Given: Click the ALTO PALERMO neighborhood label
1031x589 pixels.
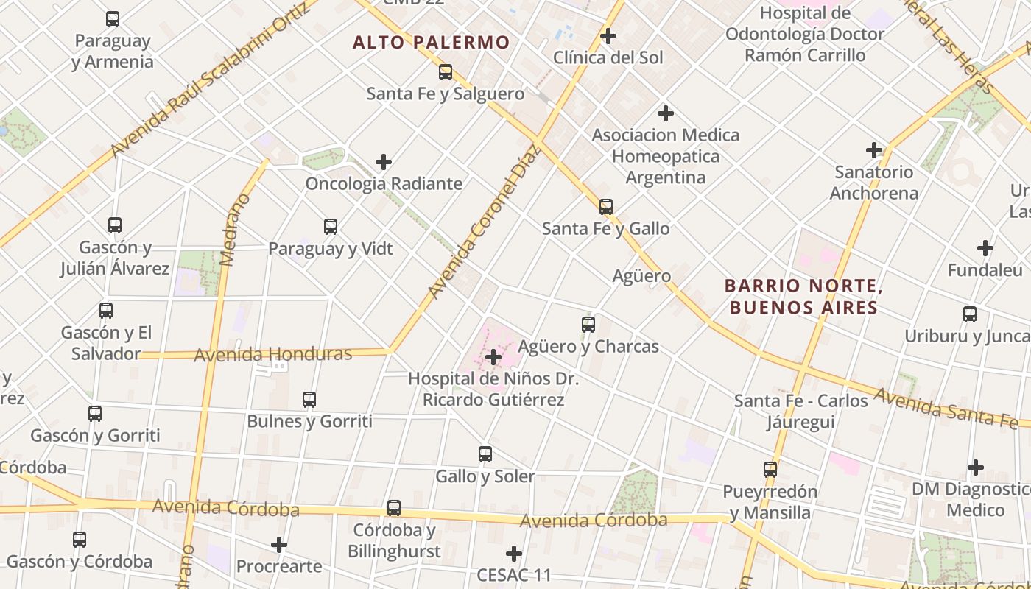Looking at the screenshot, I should (x=431, y=42).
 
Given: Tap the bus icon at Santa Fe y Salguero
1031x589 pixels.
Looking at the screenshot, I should (x=446, y=71).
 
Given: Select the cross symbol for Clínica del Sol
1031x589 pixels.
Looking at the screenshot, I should (x=608, y=35).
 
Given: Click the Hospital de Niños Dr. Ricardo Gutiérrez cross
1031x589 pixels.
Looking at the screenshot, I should (x=493, y=358).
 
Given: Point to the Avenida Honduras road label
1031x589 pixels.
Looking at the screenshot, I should (x=272, y=354).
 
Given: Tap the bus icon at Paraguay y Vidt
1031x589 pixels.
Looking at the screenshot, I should (x=331, y=227).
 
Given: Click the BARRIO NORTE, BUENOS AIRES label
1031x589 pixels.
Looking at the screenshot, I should (x=803, y=296).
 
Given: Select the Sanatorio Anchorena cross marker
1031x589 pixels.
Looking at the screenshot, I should (x=874, y=150).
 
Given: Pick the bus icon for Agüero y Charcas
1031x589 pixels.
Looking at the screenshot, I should (x=588, y=324).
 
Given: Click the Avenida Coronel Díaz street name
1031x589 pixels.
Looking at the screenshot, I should (x=484, y=221).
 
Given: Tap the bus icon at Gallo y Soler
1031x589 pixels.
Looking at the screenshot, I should (x=485, y=454).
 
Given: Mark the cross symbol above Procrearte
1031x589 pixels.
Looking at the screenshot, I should (x=279, y=545).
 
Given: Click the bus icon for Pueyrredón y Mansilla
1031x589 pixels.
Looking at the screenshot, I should (x=770, y=469).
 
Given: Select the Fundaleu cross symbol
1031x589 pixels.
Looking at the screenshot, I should (x=985, y=248).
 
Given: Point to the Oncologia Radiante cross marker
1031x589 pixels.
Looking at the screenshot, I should (x=384, y=162).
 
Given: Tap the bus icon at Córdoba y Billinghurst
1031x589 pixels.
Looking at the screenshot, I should (x=394, y=507).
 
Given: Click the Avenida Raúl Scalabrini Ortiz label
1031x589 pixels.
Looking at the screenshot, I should (x=210, y=81).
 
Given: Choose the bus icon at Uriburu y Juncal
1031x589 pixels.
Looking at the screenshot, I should (x=970, y=314).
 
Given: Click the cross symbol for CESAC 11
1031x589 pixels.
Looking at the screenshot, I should (x=514, y=553).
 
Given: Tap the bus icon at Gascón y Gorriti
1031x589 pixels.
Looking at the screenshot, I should (x=95, y=414).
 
